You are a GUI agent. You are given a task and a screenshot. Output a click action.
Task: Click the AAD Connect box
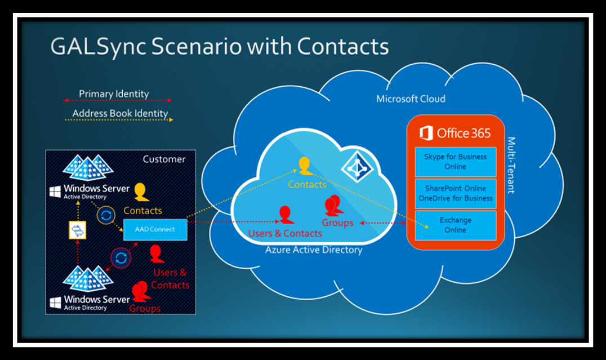(155, 229)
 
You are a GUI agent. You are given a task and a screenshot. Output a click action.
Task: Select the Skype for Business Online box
(455, 162)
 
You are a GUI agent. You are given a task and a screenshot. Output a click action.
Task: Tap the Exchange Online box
(455, 225)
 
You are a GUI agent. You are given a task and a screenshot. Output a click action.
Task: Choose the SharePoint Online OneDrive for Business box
(455, 193)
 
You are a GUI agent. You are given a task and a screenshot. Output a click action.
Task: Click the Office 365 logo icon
(426, 134)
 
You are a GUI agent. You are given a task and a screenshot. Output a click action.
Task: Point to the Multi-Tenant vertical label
(511, 165)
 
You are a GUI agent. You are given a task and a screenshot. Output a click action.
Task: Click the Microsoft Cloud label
(411, 99)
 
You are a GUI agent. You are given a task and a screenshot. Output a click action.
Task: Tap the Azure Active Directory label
(314, 250)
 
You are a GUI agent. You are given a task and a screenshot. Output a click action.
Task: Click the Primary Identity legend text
(114, 94)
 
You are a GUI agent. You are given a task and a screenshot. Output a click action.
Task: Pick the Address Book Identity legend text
(120, 113)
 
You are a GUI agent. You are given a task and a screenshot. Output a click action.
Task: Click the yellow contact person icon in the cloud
(304, 166)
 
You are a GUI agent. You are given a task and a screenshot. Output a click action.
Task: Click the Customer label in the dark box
(164, 159)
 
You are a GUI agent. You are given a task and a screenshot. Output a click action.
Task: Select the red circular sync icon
(121, 258)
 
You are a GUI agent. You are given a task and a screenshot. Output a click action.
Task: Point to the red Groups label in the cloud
(337, 223)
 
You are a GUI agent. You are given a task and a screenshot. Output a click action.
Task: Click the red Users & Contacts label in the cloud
(285, 233)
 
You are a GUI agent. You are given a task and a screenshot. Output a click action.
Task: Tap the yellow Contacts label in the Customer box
(142, 210)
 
